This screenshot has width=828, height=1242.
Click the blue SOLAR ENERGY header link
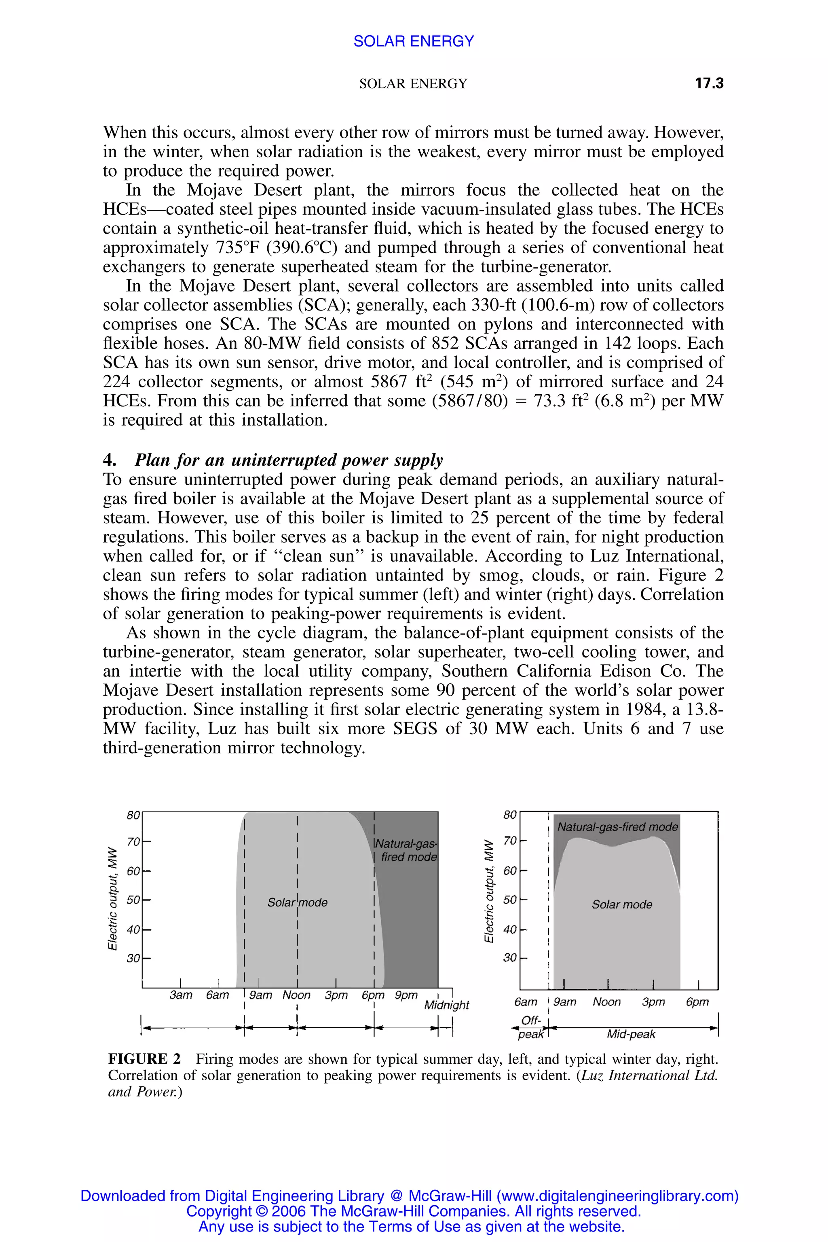pyautogui.click(x=414, y=41)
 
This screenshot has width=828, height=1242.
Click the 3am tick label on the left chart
pyautogui.click(x=181, y=995)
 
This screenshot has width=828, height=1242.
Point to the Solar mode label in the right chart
pyautogui.click(x=621, y=904)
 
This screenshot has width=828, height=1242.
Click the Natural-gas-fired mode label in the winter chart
pyautogui.click(x=617, y=827)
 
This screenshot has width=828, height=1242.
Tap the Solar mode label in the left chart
pyautogui.click(x=297, y=902)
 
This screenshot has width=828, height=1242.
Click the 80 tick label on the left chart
pyautogui.click(x=133, y=815)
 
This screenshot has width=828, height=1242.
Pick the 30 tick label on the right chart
pyautogui.click(x=509, y=957)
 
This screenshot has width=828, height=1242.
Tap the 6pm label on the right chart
pyautogui.click(x=697, y=1002)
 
